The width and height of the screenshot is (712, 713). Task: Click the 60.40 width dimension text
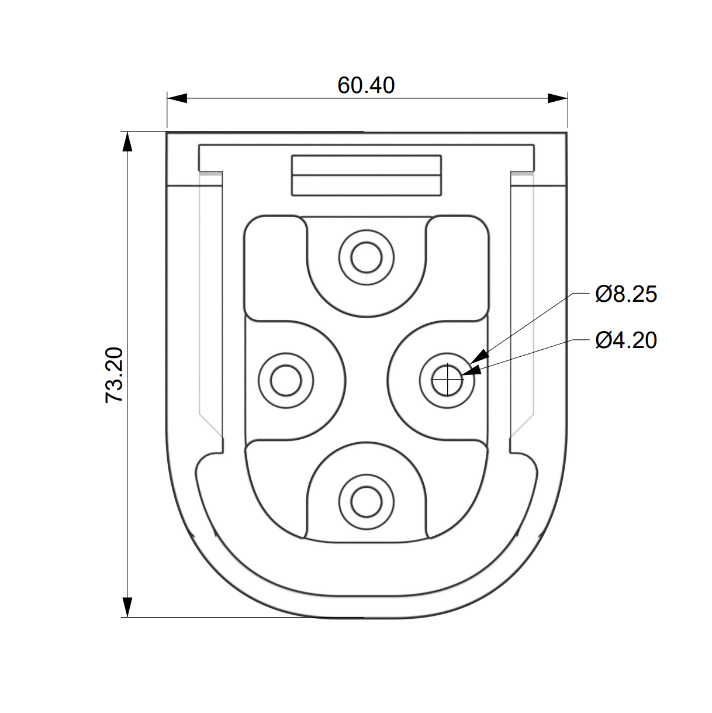pyautogui.click(x=366, y=85)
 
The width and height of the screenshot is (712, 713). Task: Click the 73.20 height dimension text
pyautogui.click(x=114, y=375)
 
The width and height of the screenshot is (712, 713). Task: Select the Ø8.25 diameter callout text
pyautogui.click(x=626, y=295)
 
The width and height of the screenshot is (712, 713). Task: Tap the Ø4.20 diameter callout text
pyautogui.click(x=626, y=340)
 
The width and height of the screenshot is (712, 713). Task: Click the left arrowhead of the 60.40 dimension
pyautogui.click(x=177, y=98)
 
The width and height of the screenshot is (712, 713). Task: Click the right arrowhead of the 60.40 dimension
pyautogui.click(x=558, y=98)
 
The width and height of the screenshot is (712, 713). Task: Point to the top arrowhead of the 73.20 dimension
pyautogui.click(x=127, y=142)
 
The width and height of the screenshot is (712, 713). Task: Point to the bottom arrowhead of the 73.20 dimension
pyautogui.click(x=127, y=607)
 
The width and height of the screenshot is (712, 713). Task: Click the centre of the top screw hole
pyautogui.click(x=366, y=257)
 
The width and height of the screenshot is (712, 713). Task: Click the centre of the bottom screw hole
pyautogui.click(x=366, y=502)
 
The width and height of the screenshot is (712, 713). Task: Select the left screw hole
pyautogui.click(x=286, y=380)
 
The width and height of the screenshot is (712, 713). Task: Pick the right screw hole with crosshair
pyautogui.click(x=447, y=380)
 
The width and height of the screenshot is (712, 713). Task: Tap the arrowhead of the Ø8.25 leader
pyautogui.click(x=479, y=356)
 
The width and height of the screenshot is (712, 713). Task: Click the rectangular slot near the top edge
pyautogui.click(x=367, y=175)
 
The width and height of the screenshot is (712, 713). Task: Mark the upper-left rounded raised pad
pyautogui.click(x=275, y=268)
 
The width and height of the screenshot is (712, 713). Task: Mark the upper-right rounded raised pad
pyautogui.click(x=457, y=268)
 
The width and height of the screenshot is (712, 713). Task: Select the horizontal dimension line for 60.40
pyautogui.click(x=367, y=98)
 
